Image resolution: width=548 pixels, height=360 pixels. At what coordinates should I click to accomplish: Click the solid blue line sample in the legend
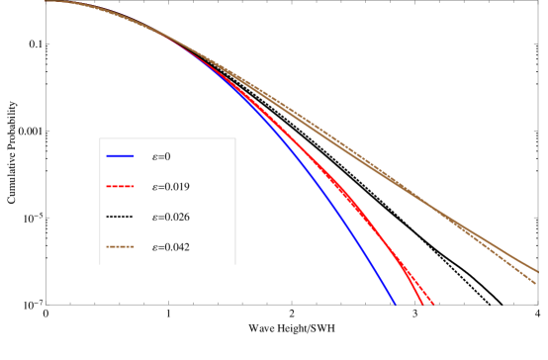120,156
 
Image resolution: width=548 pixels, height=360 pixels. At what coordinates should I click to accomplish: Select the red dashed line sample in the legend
120,186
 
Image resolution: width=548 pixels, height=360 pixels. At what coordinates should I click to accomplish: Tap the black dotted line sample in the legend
120,217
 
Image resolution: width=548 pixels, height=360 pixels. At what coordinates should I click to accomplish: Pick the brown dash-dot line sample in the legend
120,246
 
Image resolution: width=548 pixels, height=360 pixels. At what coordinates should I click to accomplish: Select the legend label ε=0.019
171,186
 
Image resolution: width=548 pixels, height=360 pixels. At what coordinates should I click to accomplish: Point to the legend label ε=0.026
171,217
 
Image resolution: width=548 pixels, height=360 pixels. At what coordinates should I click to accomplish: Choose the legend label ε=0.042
171,246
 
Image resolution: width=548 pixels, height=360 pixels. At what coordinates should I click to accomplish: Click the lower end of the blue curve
396,304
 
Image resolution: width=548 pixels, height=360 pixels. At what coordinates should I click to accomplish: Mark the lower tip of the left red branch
422,303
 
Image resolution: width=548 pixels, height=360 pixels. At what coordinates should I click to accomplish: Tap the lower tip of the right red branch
433,303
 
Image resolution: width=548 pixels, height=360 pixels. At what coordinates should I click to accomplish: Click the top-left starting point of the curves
46,1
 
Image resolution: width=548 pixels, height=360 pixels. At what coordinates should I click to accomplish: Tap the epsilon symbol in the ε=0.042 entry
155,246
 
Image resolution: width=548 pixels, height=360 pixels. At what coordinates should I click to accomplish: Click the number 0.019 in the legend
177,186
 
